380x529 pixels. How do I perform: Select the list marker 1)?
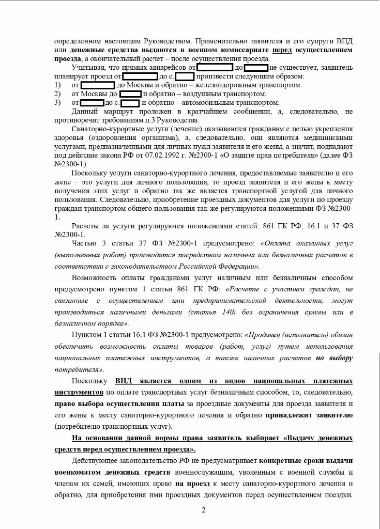click(x=58, y=85)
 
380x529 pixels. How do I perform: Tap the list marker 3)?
click(x=58, y=102)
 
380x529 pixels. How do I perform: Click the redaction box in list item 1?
click(x=98, y=85)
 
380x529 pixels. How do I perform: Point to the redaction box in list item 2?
click(x=130, y=94)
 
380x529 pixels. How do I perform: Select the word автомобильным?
click(x=204, y=102)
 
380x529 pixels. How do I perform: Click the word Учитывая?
click(x=89, y=68)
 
